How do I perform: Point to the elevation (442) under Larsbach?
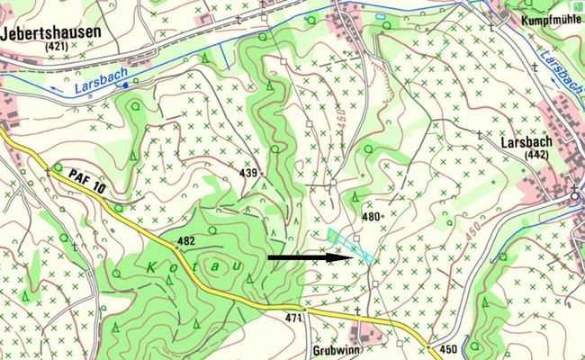point(536,156)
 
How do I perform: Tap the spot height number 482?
point(186,240)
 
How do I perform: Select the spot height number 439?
point(248,172)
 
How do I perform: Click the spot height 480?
point(370,217)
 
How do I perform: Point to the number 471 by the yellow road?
point(292,319)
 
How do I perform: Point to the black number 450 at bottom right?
point(446,348)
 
